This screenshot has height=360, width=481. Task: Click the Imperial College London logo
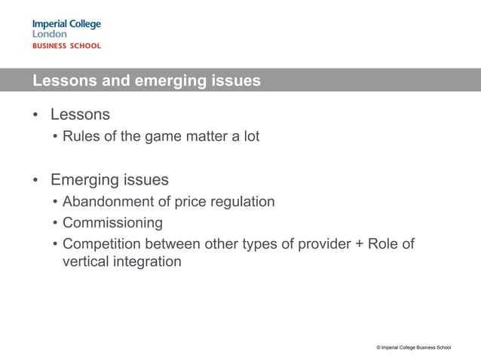(66, 29)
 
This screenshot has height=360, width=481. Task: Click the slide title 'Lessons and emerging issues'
(146, 81)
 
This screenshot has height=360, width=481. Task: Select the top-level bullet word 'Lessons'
(80, 115)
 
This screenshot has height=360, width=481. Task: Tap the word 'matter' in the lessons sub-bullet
(204, 136)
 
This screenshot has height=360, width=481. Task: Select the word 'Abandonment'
(107, 202)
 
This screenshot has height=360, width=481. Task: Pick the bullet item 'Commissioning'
(112, 224)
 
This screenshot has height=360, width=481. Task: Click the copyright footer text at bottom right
(414, 347)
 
